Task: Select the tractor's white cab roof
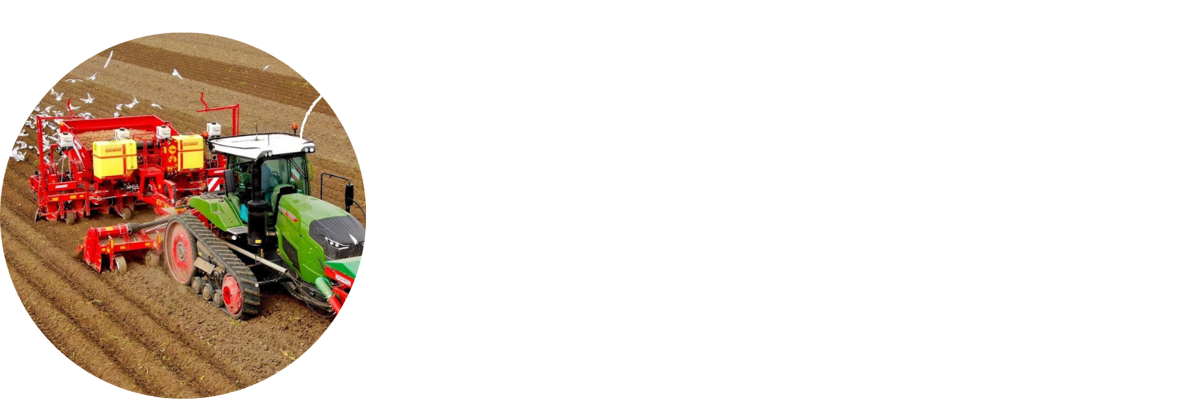click(260, 144)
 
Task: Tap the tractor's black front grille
click(340, 236)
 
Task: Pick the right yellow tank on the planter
click(188, 152)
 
